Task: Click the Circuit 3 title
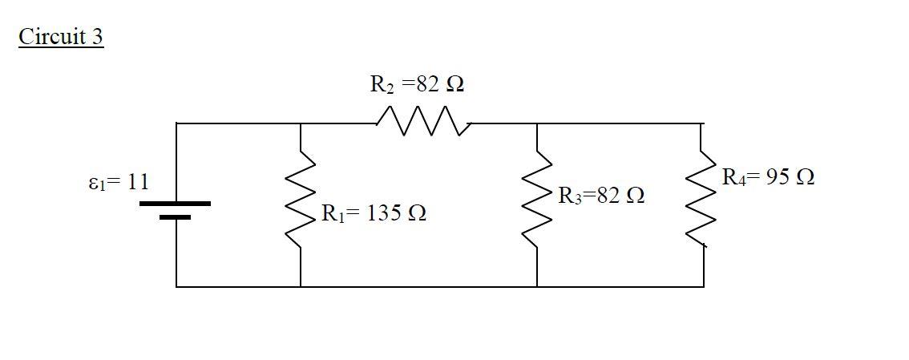click(61, 37)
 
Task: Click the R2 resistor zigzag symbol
click(422, 123)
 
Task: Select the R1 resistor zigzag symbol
click(301, 204)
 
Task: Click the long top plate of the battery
click(176, 204)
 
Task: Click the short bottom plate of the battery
click(176, 216)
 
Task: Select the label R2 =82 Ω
click(417, 83)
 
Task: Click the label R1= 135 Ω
click(374, 213)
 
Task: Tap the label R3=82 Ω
click(601, 195)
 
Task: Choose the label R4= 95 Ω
click(768, 176)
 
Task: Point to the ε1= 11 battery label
click(117, 182)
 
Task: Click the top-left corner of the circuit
click(176, 123)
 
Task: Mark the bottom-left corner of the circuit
click(176, 286)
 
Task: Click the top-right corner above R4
click(704, 123)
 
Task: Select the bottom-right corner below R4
click(704, 286)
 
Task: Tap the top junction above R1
click(301, 123)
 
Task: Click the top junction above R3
click(537, 123)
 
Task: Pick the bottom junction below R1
click(301, 286)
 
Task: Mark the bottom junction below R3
click(537, 286)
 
